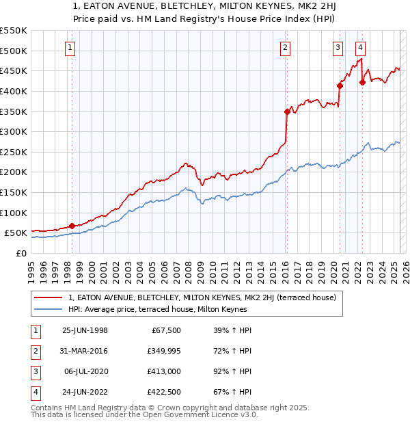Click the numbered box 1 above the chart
[x=71, y=47]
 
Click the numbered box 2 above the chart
[x=284, y=47]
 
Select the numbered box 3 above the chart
[x=338, y=47]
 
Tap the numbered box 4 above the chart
[x=360, y=47]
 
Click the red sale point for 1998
[x=72, y=226]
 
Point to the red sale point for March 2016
[x=287, y=111]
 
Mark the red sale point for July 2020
[x=339, y=85]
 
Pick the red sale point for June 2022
[x=362, y=82]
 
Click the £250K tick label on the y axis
[x=14, y=152]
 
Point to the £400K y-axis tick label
[x=14, y=91]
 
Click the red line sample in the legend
[x=48, y=298]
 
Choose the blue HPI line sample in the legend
[x=48, y=310]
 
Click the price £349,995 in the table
[x=161, y=351]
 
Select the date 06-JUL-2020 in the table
[x=85, y=371]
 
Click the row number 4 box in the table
[x=34, y=392]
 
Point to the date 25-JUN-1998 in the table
[x=85, y=330]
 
